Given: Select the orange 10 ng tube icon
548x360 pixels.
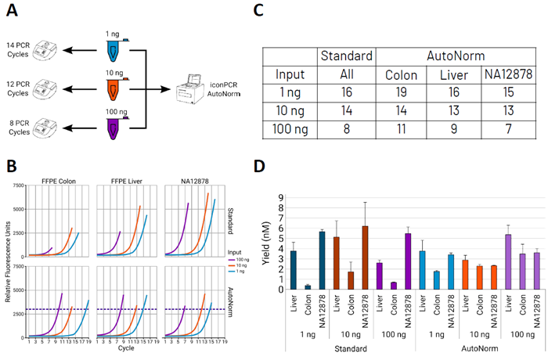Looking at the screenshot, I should point(114,92).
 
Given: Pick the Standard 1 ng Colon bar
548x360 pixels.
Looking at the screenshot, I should point(307,287).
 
